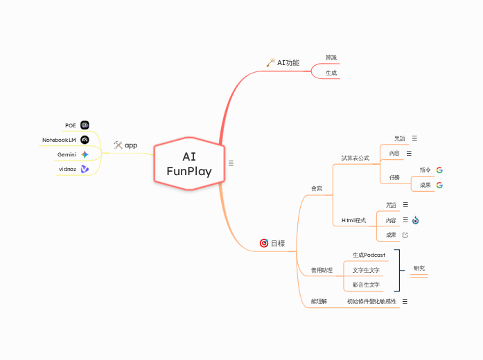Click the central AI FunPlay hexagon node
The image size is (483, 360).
coord(189,163)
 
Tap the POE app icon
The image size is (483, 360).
coord(85,125)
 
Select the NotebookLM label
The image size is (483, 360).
coord(59,140)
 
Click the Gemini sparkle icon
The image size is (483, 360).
coord(85,154)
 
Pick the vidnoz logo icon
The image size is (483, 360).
coord(85,169)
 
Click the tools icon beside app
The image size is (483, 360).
coord(118,145)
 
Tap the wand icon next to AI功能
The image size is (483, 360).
coord(270,62)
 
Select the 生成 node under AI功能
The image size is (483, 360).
coord(331,73)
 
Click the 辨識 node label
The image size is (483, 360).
coord(331,57)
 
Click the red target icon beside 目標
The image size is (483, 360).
coord(263,243)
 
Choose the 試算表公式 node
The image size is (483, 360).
coord(355,158)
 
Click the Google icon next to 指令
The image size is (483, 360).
coord(439,170)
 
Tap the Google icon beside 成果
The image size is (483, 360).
coord(439,185)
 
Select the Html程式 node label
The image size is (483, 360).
coord(354,220)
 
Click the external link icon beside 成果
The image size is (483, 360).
coord(405,235)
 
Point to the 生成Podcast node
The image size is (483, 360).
coord(369,255)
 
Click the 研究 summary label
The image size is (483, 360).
coord(419,268)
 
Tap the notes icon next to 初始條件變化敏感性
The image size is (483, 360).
coord(405,301)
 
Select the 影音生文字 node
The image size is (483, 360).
coord(366,285)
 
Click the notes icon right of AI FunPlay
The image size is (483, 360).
coord(231,163)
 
